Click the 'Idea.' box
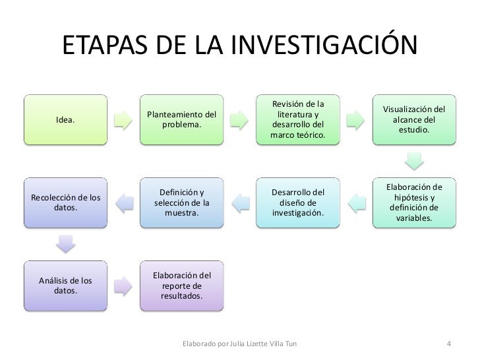(x=65, y=120)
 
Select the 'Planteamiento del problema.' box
(x=181, y=120)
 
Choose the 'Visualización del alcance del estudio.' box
(x=414, y=120)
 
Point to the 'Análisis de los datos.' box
(x=65, y=285)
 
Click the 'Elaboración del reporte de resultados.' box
(x=181, y=285)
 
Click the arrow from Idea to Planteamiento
(x=123, y=120)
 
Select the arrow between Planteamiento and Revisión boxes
(x=239, y=120)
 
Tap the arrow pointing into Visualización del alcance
(x=355, y=120)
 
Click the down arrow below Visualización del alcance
(x=413, y=162)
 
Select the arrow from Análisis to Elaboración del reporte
(x=123, y=285)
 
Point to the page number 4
(x=449, y=344)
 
